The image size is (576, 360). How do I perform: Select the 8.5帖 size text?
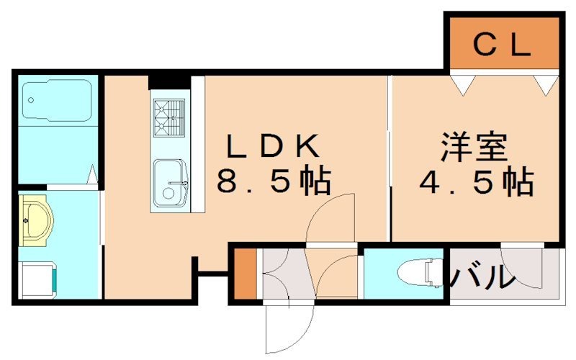click(x=274, y=181)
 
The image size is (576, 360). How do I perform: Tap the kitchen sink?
click(x=170, y=181)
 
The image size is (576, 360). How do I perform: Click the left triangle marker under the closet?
click(x=463, y=84)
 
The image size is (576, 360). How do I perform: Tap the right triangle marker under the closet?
click(x=545, y=84)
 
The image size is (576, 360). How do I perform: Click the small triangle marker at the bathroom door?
click(x=92, y=174)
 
